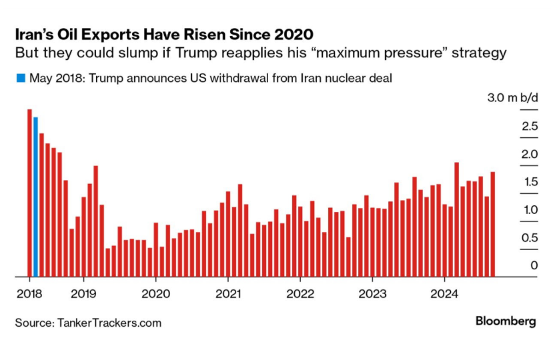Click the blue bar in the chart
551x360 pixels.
pyautogui.click(x=35, y=197)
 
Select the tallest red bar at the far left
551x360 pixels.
pyautogui.click(x=29, y=193)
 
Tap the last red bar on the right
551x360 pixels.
pyautogui.click(x=493, y=224)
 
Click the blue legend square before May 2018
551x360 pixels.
pyautogui.click(x=21, y=78)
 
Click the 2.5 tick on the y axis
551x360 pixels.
pyautogui.click(x=530, y=126)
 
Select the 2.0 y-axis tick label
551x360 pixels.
pyautogui.click(x=530, y=154)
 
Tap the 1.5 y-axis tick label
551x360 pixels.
pyautogui.click(x=530, y=182)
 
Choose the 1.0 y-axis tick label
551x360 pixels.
pyautogui.click(x=530, y=210)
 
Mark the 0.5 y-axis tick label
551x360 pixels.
pyautogui.click(x=530, y=238)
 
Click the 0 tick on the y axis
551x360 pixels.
pyautogui.click(x=534, y=266)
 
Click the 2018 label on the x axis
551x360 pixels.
pyautogui.click(x=28, y=293)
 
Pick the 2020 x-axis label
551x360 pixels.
pyautogui.click(x=155, y=293)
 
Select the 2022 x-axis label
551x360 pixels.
pyautogui.click(x=300, y=293)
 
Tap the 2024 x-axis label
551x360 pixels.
pyautogui.click(x=444, y=293)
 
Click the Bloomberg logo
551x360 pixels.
pyautogui.click(x=505, y=321)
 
